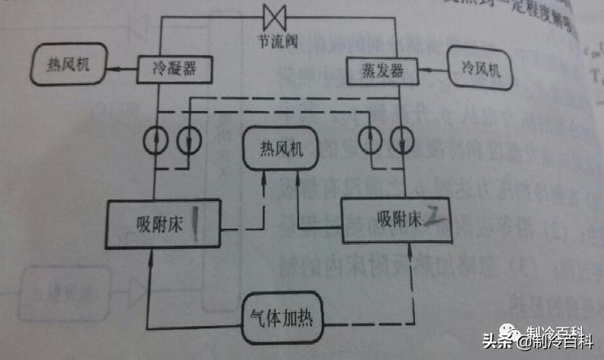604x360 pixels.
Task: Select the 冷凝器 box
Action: [x=173, y=70]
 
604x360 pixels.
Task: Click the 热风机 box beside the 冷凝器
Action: [x=71, y=66]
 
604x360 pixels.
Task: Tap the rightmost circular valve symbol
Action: [x=401, y=139]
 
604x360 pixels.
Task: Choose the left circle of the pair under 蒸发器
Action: [x=371, y=139]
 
